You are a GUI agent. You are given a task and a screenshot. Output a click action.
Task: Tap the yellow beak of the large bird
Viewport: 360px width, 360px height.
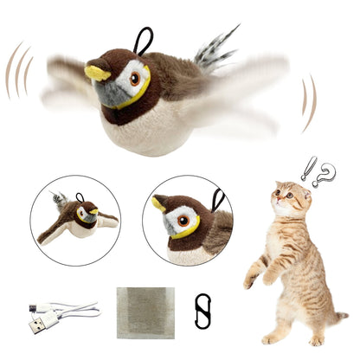click(97, 72)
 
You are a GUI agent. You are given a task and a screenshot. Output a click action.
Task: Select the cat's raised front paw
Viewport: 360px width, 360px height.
click(251, 279)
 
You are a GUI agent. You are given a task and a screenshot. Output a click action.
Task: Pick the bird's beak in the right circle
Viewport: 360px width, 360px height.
click(159, 205)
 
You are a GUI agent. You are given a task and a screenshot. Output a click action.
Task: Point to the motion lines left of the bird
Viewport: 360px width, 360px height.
click(19, 69)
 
